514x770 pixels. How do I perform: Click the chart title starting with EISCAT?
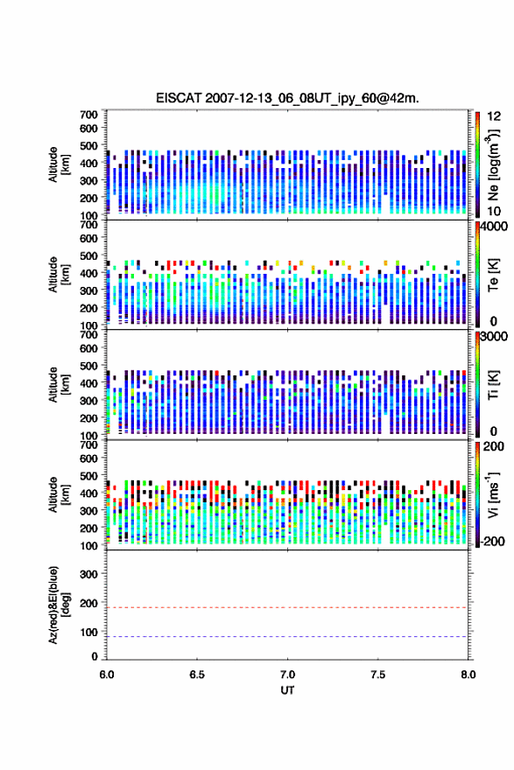point(287,98)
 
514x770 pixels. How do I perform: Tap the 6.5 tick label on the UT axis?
point(197,675)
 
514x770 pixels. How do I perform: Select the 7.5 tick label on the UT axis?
point(378,675)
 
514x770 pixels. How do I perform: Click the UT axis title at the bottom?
point(287,690)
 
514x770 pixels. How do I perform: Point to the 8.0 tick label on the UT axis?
point(468,675)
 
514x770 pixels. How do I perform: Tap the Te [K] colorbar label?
point(493,275)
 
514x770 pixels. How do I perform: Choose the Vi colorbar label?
point(493,494)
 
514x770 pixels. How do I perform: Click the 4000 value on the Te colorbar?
point(494,227)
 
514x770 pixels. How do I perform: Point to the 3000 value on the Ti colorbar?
point(494,336)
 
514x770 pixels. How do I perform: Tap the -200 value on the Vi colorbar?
point(492,541)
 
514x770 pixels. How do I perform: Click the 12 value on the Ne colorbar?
point(494,116)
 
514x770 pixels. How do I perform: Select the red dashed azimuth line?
point(287,607)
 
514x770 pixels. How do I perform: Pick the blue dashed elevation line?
point(287,636)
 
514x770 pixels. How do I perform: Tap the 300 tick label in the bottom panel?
point(88,574)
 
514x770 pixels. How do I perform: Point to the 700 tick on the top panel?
point(88,115)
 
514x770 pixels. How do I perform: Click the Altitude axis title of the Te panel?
point(58,275)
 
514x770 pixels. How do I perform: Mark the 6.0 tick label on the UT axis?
point(107,675)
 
